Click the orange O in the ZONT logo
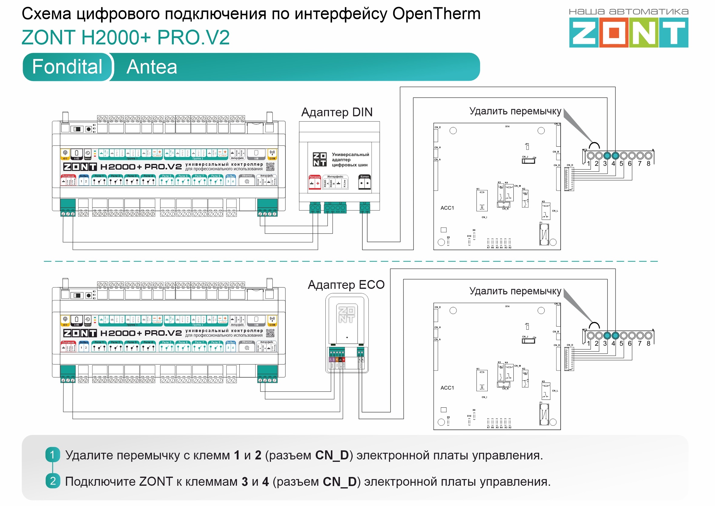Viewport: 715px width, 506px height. tap(614, 32)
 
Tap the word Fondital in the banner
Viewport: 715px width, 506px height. tap(67, 67)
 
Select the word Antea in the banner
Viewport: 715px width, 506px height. tap(152, 67)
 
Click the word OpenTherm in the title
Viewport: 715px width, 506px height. tap(436, 14)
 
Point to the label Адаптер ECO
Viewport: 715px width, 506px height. tap(346, 285)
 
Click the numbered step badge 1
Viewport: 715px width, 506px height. tap(52, 455)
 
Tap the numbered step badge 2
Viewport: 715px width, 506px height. tap(53, 481)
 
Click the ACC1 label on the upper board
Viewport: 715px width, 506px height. tap(447, 208)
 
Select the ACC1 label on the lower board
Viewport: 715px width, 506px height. tap(447, 388)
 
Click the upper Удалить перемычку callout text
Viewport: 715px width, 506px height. tap(515, 111)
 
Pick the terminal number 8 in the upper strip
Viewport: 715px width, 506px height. tap(648, 164)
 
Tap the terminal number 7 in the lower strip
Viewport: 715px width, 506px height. tap(640, 343)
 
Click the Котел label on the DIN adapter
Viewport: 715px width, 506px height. tap(364, 177)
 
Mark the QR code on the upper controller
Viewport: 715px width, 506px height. tap(270, 167)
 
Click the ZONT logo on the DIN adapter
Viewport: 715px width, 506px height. tap(320, 159)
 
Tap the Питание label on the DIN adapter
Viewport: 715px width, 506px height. tap(315, 177)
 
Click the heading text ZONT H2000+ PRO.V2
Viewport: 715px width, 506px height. tap(126, 38)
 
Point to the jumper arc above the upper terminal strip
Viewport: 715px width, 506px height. tap(594, 145)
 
